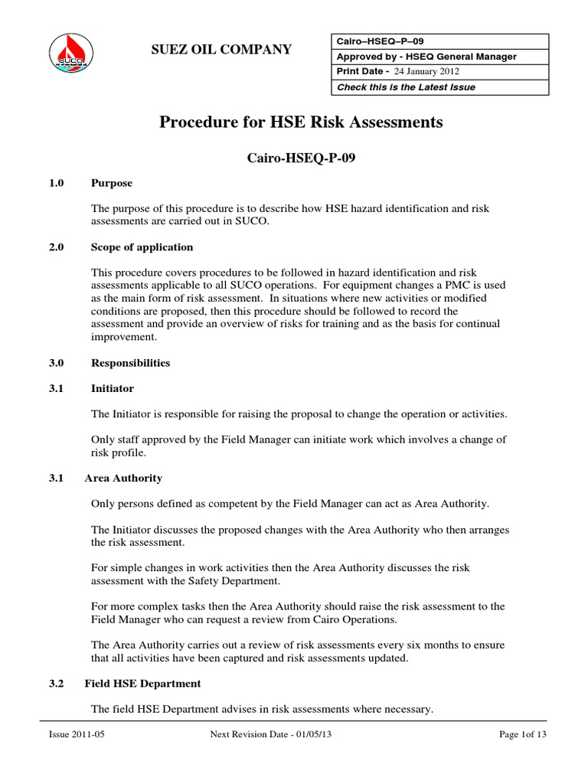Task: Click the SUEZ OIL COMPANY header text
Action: coord(221,50)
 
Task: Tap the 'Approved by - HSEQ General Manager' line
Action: coord(426,57)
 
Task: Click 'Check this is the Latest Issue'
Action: coord(406,87)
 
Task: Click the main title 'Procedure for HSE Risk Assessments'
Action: coord(301,122)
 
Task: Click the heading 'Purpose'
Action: coord(111,183)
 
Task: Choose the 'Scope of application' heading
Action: coord(142,247)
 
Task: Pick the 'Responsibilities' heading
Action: coord(130,362)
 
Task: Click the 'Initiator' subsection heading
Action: coord(112,388)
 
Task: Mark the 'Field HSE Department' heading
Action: coord(145,683)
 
